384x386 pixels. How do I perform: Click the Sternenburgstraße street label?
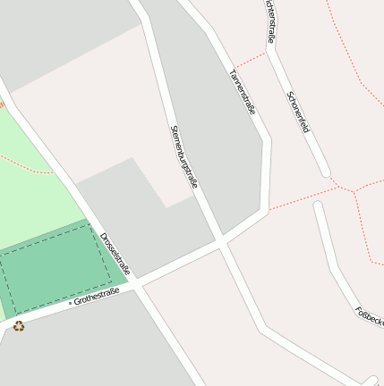point(183,155)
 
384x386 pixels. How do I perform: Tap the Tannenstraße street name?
point(243,91)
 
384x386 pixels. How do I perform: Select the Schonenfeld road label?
point(297,112)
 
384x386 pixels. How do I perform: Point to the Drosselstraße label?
point(115,254)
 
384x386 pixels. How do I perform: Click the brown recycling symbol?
point(19,326)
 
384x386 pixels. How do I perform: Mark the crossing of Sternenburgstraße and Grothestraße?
point(219,241)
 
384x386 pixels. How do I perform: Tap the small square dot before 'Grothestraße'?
point(70,303)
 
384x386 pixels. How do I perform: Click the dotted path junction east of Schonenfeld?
point(354,190)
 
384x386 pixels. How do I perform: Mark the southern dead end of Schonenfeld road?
point(325,172)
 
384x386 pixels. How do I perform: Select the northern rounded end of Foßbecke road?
point(317,206)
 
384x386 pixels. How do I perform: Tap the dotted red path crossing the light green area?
point(27,163)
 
